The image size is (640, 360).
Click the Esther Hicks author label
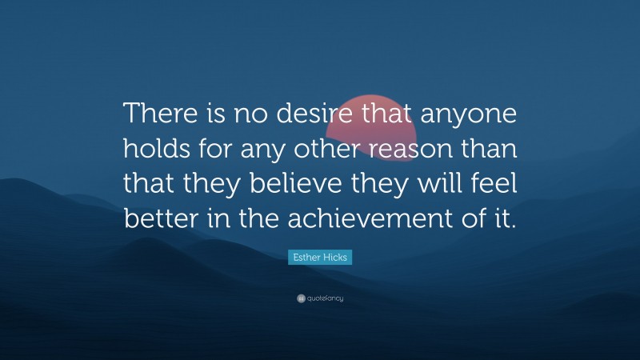pos(320,257)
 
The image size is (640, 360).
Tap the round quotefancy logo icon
pos(301,298)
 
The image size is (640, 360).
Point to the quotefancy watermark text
pos(325,298)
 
